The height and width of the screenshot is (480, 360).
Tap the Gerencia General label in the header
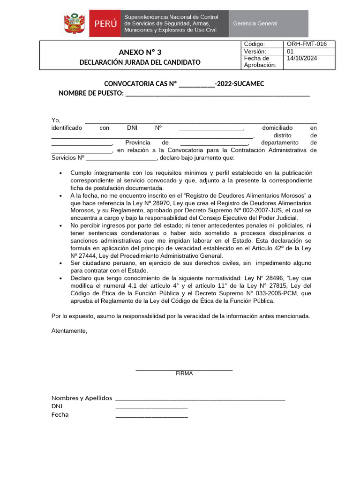click(255, 23)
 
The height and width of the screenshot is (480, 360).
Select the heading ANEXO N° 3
click(140, 52)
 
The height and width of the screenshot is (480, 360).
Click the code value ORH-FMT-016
click(307, 44)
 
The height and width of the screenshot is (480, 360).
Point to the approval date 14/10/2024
click(302, 59)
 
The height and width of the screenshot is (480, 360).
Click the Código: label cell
click(255, 44)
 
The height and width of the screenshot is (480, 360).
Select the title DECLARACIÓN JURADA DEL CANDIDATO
click(140, 62)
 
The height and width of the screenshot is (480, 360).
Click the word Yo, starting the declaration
click(56, 120)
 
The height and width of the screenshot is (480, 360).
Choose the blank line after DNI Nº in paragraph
click(211, 128)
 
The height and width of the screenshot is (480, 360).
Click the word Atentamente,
click(69, 331)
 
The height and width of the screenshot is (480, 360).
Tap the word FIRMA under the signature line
click(184, 374)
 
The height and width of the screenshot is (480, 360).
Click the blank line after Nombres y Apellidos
click(200, 398)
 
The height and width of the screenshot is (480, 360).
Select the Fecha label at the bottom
click(60, 415)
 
